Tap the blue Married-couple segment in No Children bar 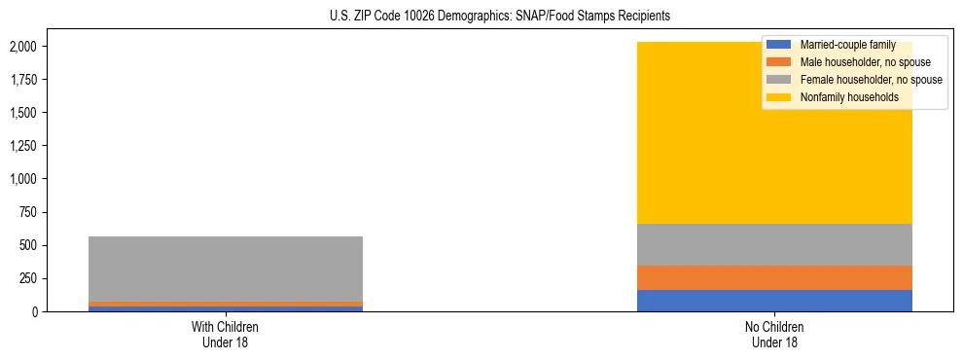(774, 301)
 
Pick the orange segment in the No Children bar (774, 278)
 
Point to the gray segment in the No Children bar (774, 244)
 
